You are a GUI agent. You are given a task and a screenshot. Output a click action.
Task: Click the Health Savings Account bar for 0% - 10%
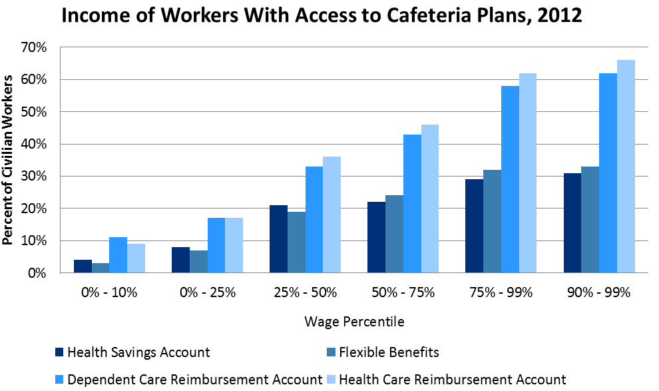(x=83, y=266)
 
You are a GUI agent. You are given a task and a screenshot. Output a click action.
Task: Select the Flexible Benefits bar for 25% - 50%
(x=296, y=242)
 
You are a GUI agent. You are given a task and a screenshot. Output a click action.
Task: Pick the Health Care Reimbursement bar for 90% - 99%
(x=626, y=167)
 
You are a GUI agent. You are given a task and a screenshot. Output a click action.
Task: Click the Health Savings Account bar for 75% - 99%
(x=474, y=226)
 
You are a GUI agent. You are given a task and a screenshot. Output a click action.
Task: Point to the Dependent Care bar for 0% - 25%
(x=216, y=245)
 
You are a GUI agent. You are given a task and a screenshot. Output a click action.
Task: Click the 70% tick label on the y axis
(x=34, y=48)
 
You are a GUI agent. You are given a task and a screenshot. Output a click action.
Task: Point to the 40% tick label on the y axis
(x=34, y=145)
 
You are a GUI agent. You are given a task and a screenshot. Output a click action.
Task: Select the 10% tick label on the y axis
(x=34, y=241)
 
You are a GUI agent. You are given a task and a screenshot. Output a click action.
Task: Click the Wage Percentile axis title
(x=354, y=322)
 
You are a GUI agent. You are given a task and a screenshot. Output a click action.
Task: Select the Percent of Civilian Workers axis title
(x=9, y=160)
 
